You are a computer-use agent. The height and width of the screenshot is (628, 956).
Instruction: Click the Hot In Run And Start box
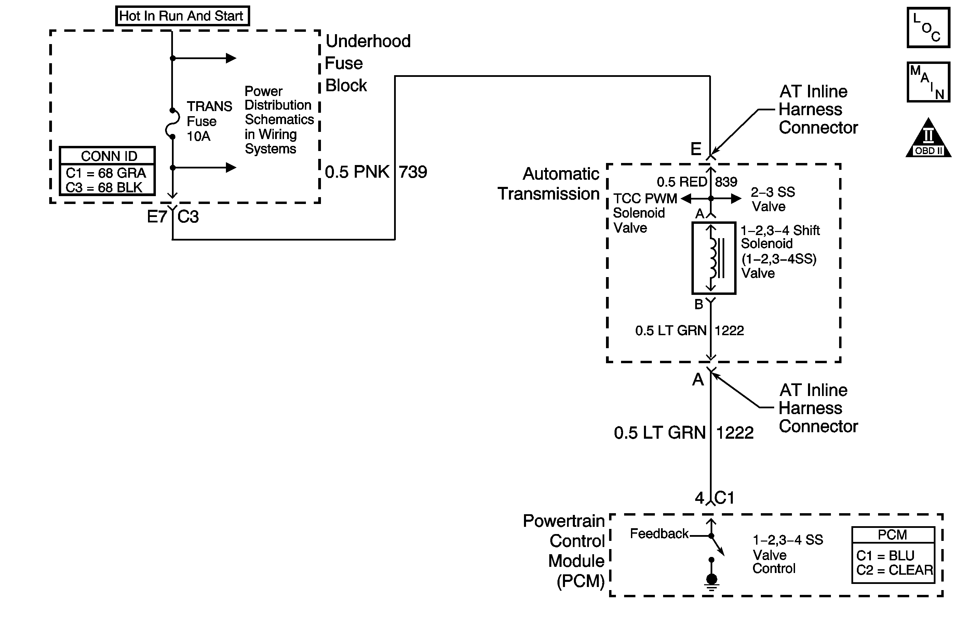tap(183, 16)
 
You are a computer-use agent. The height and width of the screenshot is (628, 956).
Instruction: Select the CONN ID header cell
tap(107, 156)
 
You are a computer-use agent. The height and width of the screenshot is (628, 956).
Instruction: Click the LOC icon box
tap(928, 28)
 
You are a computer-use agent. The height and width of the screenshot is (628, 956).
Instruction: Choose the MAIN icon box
tap(928, 82)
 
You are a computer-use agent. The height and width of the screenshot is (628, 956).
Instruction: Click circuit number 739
tap(413, 172)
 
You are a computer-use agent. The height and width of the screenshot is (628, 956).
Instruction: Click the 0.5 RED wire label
tap(682, 182)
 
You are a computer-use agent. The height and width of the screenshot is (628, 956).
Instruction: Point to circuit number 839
tap(726, 182)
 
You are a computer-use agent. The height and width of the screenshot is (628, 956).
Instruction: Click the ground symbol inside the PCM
tap(711, 582)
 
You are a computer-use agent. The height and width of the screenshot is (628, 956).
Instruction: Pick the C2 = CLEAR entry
tap(894, 570)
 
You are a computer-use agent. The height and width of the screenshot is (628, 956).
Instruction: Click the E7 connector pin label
tap(157, 217)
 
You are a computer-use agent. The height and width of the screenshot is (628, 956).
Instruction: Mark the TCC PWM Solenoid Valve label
tap(644, 213)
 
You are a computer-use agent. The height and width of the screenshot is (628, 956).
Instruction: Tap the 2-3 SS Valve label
tap(772, 199)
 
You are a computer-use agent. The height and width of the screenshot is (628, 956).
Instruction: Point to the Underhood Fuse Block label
tap(367, 63)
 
